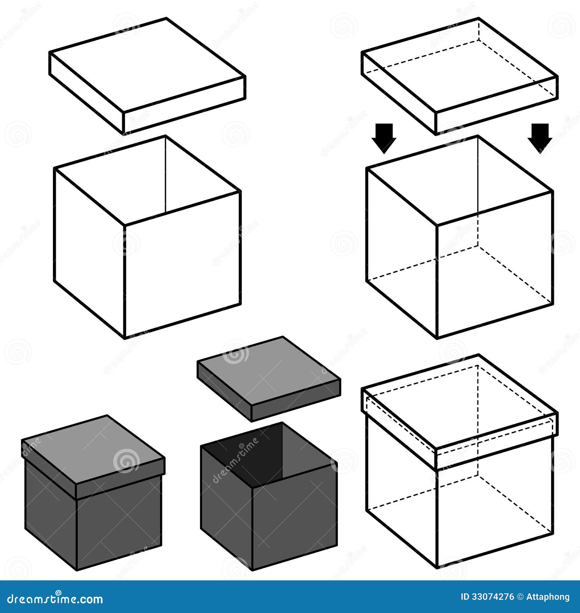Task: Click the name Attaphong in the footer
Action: [548, 597]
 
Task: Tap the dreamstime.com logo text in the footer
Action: [55, 598]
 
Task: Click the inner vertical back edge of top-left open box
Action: [166, 174]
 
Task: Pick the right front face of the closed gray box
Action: [119, 522]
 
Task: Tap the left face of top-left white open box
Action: [89, 250]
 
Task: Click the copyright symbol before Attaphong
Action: [520, 597]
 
